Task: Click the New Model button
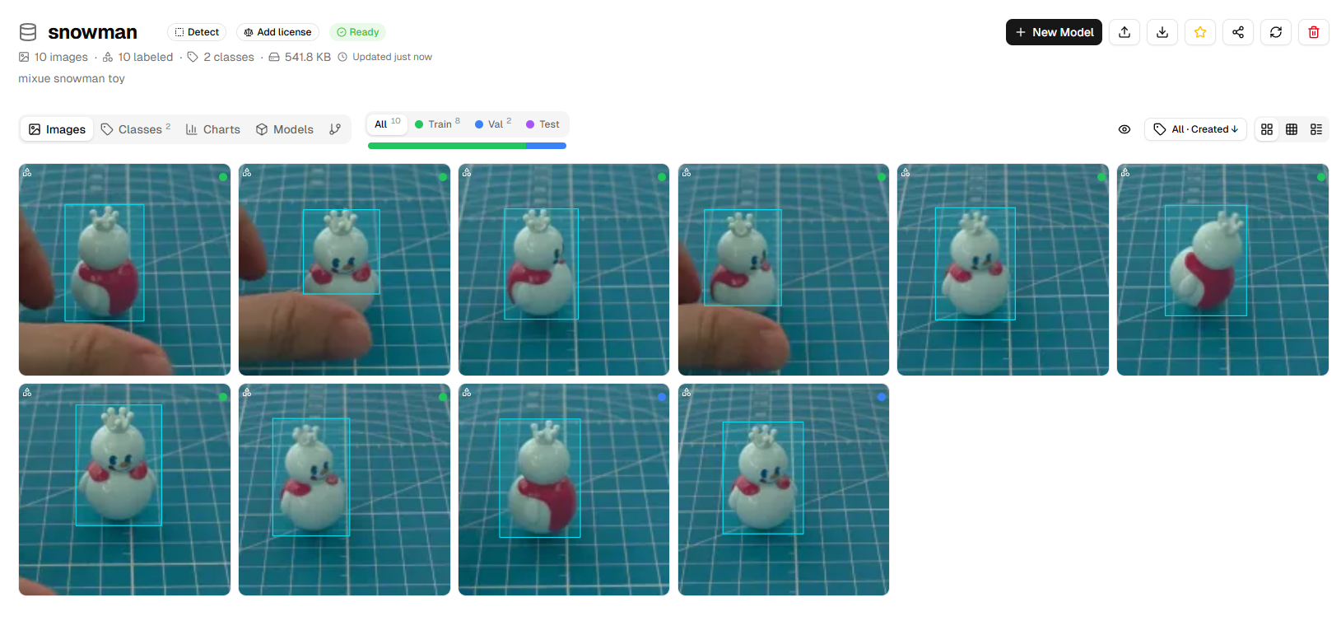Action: coord(1054,32)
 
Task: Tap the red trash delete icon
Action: coord(1314,32)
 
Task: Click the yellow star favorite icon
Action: coord(1200,32)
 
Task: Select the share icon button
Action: coord(1238,32)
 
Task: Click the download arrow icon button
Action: coord(1162,32)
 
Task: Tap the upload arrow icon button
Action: coord(1124,32)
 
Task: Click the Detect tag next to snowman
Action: coord(197,32)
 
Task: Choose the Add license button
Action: coord(277,32)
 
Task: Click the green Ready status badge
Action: coord(358,32)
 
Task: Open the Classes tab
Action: coord(136,129)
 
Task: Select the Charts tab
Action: coord(213,129)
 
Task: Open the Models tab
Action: coord(285,129)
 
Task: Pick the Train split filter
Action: coord(437,124)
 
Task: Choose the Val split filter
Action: coord(493,124)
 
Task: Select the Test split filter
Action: coord(542,124)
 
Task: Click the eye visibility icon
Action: coord(1124,129)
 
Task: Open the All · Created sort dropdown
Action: coord(1195,129)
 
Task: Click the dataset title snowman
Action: coord(93,32)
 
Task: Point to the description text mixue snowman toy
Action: coord(72,78)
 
